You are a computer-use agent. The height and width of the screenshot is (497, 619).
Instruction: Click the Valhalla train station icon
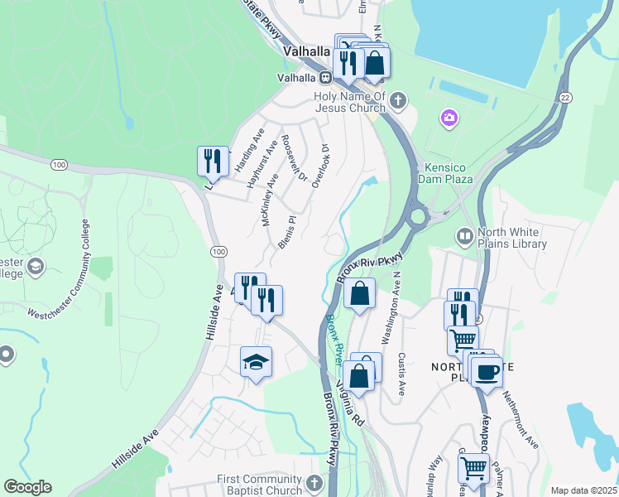(x=327, y=77)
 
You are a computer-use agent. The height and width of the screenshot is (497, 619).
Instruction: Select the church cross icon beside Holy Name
(x=399, y=101)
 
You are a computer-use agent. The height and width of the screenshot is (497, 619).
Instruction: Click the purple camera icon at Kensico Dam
(x=449, y=119)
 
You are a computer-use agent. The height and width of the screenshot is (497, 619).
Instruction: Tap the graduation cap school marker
(x=256, y=361)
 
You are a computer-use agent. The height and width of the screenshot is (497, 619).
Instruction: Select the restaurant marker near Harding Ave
(x=213, y=159)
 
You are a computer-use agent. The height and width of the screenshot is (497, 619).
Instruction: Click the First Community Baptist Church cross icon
(x=314, y=484)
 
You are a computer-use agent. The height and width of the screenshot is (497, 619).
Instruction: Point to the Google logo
(x=27, y=486)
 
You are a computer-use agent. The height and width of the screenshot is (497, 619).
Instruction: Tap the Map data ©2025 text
(x=583, y=490)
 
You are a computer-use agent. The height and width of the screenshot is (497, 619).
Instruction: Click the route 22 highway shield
(x=565, y=97)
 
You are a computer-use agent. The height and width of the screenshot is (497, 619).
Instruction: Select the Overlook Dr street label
(x=320, y=166)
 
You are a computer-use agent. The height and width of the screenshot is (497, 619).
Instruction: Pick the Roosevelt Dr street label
(x=294, y=157)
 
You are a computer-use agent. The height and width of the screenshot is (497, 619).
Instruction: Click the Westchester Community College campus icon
(x=35, y=267)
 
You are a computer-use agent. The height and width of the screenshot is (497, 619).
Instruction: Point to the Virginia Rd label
(x=352, y=403)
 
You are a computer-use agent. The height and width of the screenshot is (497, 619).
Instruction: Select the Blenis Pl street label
(x=286, y=233)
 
